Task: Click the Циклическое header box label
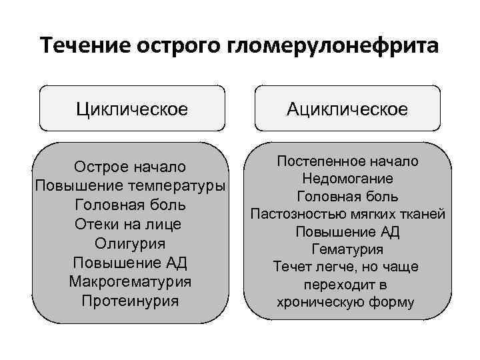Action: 131,108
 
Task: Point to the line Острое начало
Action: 130,166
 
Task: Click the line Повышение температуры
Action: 130,185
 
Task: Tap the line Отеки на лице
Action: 130,224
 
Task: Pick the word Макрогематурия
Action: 130,281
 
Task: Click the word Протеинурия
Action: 130,301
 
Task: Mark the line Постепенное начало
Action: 347,161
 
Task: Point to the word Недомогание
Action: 347,179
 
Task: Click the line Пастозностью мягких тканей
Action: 347,214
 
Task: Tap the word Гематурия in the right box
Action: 347,249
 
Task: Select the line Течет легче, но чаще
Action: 347,267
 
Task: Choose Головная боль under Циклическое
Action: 130,205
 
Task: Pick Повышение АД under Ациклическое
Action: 347,231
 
